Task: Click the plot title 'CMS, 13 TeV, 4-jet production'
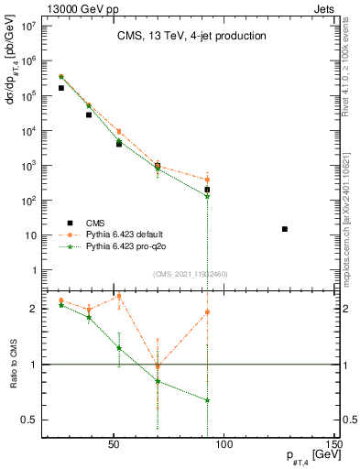point(191,37)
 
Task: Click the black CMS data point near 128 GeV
point(285,229)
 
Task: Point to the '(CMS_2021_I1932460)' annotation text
point(191,274)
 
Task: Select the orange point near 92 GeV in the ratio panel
point(208,311)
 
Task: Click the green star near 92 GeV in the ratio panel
point(208,400)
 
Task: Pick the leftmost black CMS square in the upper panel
point(60,88)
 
